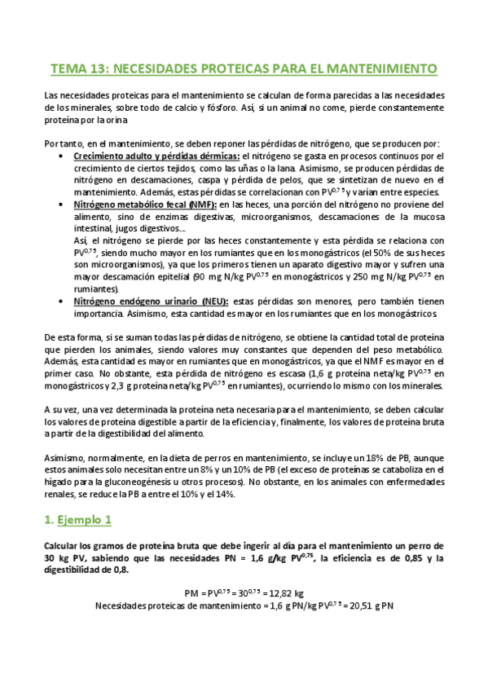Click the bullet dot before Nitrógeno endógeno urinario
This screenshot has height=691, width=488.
click(x=64, y=301)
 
